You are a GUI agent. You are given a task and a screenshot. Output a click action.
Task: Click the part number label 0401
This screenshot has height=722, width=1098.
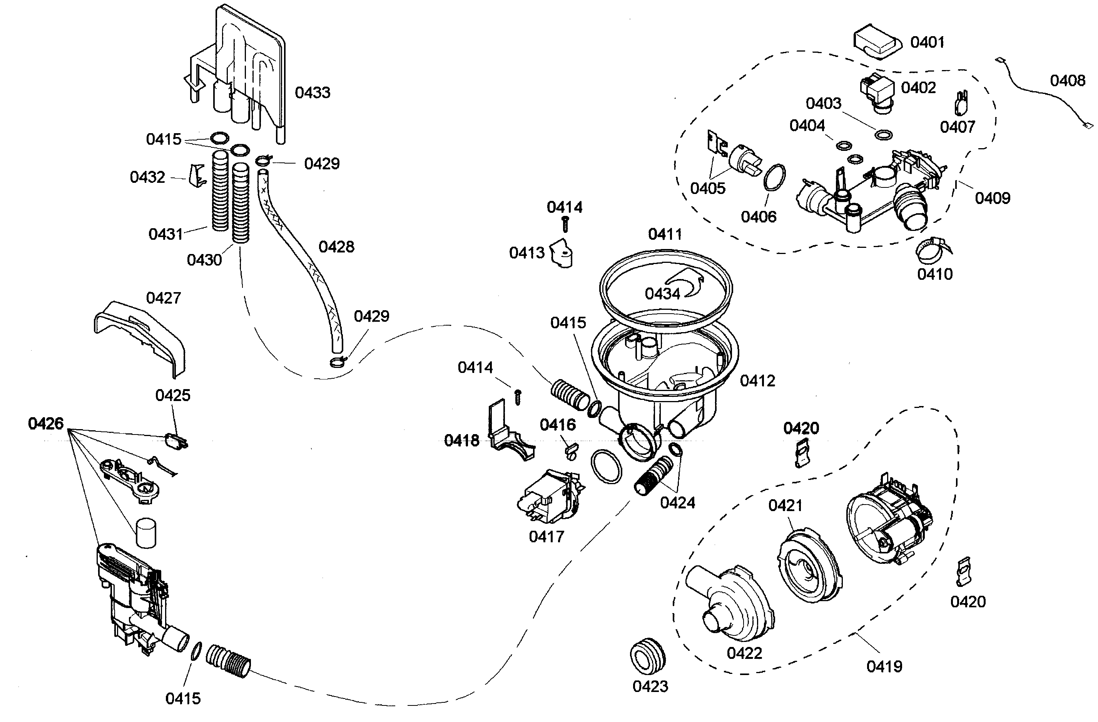pyautogui.click(x=927, y=42)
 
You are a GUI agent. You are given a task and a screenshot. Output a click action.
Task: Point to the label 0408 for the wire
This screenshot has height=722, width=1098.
pyautogui.click(x=1067, y=81)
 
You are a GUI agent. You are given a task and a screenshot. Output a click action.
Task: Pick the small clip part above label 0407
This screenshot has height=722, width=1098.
pyautogui.click(x=961, y=104)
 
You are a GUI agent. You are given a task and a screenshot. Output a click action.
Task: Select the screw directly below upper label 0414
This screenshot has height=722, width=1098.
pyautogui.click(x=565, y=224)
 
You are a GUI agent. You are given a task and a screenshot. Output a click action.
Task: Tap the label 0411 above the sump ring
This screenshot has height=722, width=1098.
pyautogui.click(x=665, y=234)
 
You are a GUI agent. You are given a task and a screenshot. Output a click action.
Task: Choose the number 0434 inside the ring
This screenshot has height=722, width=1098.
pyautogui.click(x=662, y=294)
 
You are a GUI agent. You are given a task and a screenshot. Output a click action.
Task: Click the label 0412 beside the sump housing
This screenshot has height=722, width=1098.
pyautogui.click(x=757, y=381)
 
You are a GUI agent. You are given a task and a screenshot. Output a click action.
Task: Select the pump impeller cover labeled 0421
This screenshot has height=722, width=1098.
pyautogui.click(x=810, y=567)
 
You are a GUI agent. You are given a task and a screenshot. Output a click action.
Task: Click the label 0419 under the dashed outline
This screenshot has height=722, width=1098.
pyautogui.click(x=884, y=666)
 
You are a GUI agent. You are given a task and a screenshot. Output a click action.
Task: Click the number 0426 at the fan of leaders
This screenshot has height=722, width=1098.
pyautogui.click(x=46, y=423)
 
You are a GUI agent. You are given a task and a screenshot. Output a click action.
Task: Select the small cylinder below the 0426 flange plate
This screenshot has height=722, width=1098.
pyautogui.click(x=146, y=534)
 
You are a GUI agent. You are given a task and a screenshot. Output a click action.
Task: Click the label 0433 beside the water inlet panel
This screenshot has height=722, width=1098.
pyautogui.click(x=313, y=93)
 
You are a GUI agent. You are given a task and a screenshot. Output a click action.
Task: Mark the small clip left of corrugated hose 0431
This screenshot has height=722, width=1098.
pyautogui.click(x=197, y=176)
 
